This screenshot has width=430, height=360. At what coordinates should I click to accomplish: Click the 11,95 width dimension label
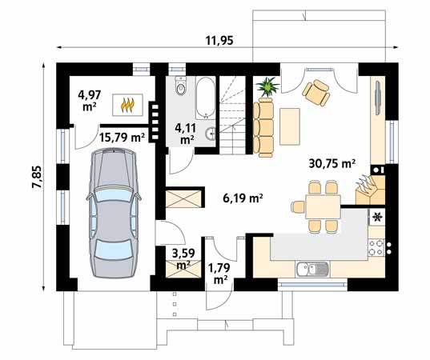[219, 41]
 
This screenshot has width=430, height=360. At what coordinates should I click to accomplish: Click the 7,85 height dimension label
[37, 177]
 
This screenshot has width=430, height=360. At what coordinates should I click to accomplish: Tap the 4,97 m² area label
[90, 100]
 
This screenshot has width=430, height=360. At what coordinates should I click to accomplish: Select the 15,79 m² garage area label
[122, 137]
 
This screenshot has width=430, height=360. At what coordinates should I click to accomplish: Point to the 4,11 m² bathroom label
[186, 134]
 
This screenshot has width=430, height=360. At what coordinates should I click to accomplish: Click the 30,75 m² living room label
[332, 163]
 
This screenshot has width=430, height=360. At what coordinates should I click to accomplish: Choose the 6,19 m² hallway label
[243, 198]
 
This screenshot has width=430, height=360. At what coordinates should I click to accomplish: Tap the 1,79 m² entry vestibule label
[219, 273]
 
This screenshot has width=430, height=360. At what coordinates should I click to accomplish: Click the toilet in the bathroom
[181, 86]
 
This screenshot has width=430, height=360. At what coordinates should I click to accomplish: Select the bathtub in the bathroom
[206, 98]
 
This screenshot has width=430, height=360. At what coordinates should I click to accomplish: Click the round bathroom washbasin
[211, 134]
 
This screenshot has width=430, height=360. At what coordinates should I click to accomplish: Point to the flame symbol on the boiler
[127, 106]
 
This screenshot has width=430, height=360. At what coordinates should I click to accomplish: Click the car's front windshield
[114, 194]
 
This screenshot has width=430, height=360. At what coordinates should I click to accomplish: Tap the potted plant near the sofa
[267, 86]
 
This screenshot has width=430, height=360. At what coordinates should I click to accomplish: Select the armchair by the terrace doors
[316, 92]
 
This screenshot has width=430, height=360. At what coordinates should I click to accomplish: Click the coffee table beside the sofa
[290, 126]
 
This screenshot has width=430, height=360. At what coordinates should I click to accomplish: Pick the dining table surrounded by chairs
[324, 206]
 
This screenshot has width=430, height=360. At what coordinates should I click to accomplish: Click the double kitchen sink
[311, 269]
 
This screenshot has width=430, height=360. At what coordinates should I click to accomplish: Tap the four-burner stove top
[376, 247]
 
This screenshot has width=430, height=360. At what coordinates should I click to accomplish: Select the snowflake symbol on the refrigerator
[377, 217]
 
